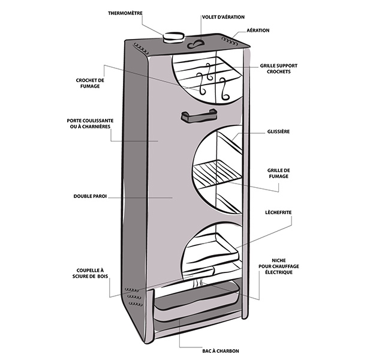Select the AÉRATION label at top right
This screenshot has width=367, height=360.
click(x=257, y=30)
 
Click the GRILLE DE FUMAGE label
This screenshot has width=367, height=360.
click(x=278, y=173)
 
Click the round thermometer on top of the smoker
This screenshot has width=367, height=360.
click(x=174, y=37)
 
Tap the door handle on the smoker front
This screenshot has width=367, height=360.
click(x=196, y=117)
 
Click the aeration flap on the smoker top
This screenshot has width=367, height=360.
click(x=195, y=43)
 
